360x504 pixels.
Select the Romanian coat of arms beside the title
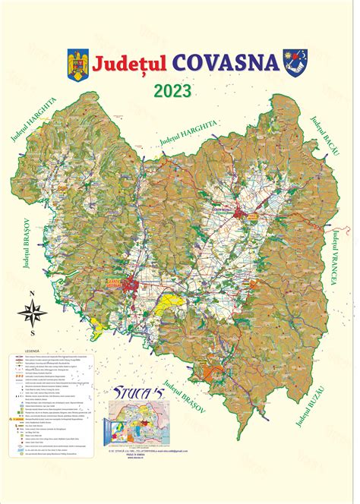point(78,60)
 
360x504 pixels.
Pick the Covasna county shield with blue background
point(293,60)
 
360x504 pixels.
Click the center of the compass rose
point(33,310)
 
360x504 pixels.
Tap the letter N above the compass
point(33,292)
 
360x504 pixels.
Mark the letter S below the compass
point(33,332)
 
